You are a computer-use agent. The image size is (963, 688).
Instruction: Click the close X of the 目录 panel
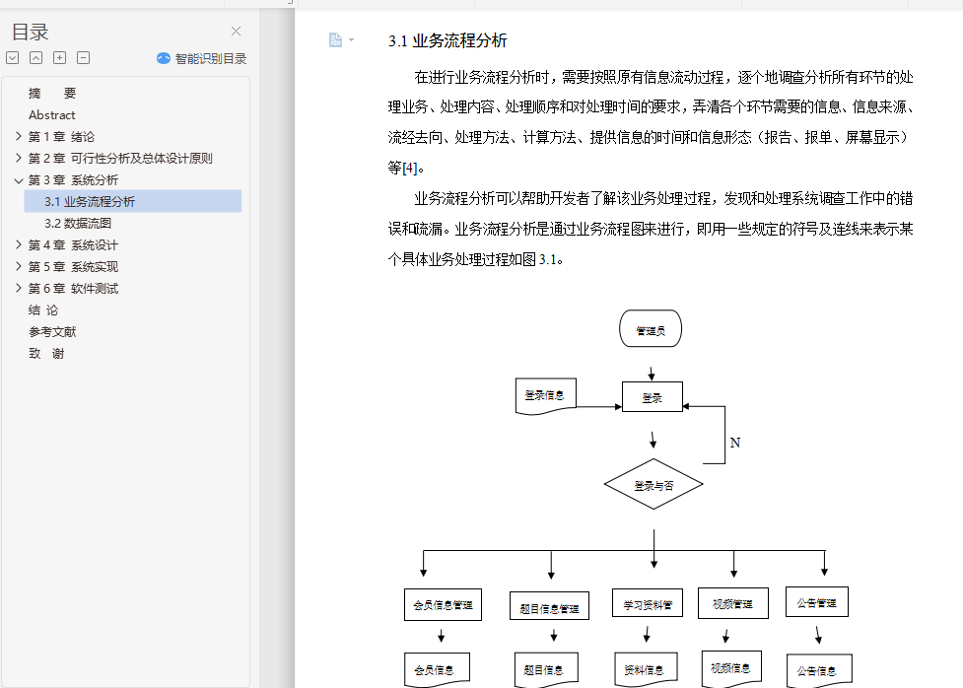tap(236, 32)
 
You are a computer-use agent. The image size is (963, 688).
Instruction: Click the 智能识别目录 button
tap(202, 58)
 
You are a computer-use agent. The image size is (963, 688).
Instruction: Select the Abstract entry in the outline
tap(51, 115)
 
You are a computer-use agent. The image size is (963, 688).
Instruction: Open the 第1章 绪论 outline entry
tap(61, 137)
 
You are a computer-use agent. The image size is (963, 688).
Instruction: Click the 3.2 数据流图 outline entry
tap(78, 224)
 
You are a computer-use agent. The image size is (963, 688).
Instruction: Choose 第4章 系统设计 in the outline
tap(73, 245)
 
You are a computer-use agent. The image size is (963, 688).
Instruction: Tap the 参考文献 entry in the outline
tap(52, 332)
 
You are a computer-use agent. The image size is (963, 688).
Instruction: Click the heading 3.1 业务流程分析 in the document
tap(447, 41)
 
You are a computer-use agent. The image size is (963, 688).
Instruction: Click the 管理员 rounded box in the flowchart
tap(651, 330)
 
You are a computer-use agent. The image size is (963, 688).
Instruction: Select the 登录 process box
tap(652, 398)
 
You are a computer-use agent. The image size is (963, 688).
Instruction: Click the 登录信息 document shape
tap(545, 396)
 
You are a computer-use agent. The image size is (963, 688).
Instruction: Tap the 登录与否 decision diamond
tap(653, 485)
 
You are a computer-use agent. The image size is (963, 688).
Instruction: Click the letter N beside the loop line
tap(734, 444)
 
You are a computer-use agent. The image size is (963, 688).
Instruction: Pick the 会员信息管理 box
tap(443, 604)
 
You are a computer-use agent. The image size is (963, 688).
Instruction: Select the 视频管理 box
tap(732, 603)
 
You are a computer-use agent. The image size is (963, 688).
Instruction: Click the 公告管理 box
tap(816, 602)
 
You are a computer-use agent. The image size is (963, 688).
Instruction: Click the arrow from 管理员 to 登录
tap(651, 374)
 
